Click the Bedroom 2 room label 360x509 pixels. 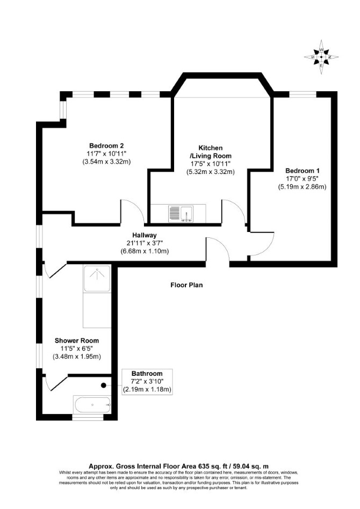pyautogui.click(x=106, y=146)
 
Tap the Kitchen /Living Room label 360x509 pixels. pyautogui.click(x=211, y=151)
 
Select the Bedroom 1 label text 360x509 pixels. pyautogui.click(x=302, y=170)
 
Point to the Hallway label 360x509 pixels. pyautogui.click(x=144, y=235)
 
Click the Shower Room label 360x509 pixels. pyautogui.click(x=77, y=340)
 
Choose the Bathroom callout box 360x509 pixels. pyautogui.click(x=147, y=382)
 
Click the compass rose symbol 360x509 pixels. pyautogui.click(x=321, y=57)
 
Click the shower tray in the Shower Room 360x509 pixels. pyautogui.click(x=97, y=279)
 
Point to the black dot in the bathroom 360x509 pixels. pyautogui.click(x=104, y=386)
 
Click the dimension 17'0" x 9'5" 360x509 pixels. pyautogui.click(x=302, y=179)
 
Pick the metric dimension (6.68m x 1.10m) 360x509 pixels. pyautogui.click(x=144, y=251)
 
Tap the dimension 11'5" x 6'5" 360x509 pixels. pyautogui.click(x=77, y=348)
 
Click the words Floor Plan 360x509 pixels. pyautogui.click(x=186, y=285)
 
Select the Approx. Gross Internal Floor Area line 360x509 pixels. pyautogui.click(x=179, y=467)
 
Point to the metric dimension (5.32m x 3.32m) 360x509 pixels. pyautogui.click(x=211, y=172)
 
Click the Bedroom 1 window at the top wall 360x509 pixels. pyautogui.click(x=303, y=94)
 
